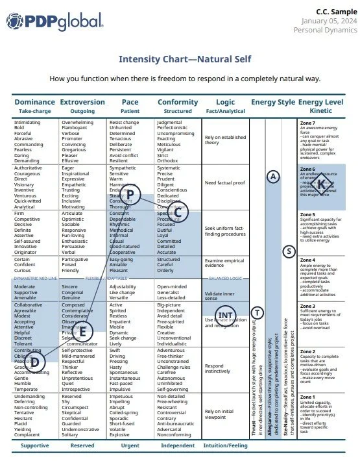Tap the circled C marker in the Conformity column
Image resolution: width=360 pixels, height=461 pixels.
click(179, 211)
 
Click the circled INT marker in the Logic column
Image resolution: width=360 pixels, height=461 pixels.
click(225, 316)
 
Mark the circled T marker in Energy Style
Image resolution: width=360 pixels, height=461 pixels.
click(258, 312)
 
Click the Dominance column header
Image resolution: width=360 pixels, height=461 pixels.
click(34, 102)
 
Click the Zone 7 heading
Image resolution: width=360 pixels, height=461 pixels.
click(307, 123)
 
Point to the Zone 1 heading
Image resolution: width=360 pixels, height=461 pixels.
click(307, 397)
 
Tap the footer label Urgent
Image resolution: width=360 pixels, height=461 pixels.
click(130, 446)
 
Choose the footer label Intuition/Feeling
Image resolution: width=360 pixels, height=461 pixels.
click(226, 446)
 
